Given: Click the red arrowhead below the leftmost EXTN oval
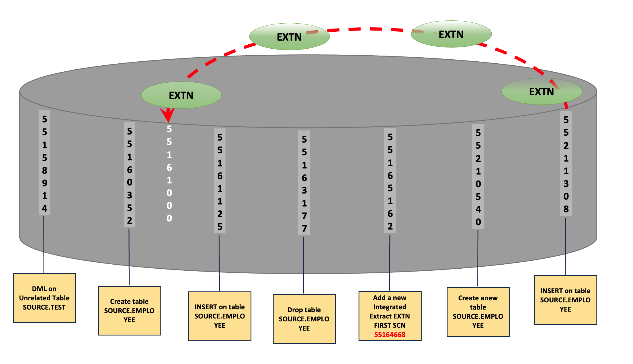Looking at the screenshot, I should [x=168, y=115].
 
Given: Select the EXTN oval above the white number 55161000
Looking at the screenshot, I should [x=181, y=95].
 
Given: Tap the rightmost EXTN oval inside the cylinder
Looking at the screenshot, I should [x=541, y=91].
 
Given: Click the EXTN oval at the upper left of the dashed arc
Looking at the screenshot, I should [x=289, y=37].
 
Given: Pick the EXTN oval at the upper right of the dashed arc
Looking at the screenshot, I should [x=451, y=34].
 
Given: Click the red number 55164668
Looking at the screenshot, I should [x=390, y=334].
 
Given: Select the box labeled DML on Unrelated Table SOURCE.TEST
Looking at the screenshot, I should [x=44, y=298].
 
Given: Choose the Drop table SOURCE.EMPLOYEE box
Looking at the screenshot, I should [x=304, y=319].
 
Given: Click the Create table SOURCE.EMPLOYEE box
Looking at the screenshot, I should [x=130, y=310].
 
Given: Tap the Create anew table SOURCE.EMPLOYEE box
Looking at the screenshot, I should [x=478, y=312].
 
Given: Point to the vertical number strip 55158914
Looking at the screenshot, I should [x=44, y=163].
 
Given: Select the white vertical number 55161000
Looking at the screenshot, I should [x=169, y=173].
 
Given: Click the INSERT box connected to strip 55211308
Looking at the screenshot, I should [x=566, y=300].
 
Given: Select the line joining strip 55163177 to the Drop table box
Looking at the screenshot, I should [x=304, y=265].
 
